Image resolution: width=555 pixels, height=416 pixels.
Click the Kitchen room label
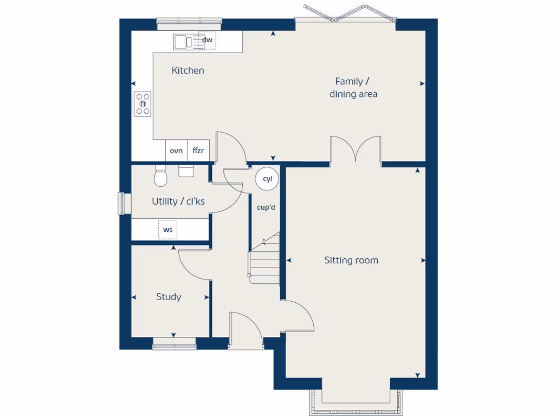[188, 70]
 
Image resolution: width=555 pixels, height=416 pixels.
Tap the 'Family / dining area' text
[353, 88]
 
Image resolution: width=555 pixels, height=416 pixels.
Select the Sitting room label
[351, 260]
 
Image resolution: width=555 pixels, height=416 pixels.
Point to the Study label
[169, 297]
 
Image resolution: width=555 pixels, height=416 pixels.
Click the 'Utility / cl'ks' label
[178, 201]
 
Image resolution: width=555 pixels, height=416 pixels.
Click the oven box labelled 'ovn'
[176, 151]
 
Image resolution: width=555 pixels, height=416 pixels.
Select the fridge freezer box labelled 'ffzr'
[198, 151]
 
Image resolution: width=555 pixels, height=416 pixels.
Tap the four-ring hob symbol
[143, 104]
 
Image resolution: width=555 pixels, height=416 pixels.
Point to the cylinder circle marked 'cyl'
[267, 179]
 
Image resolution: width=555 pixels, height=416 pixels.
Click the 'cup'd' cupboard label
[266, 207]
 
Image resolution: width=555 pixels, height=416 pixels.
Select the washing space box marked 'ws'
[168, 230]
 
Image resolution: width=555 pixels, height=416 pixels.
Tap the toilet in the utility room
[160, 175]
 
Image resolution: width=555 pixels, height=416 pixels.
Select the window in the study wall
[174, 344]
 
